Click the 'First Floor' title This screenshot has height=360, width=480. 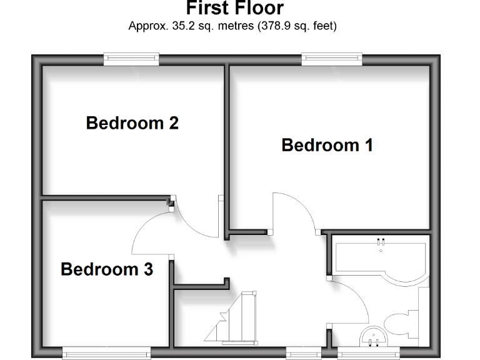234,9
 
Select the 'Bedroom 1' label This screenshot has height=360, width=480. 327,145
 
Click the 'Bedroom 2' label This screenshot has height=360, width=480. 132,122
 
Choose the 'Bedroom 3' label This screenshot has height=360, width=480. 107,269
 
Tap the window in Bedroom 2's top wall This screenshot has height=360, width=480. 131,59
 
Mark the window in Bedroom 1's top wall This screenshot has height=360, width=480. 332,59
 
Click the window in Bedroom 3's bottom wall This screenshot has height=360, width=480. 106,353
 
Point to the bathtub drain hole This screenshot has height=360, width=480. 381,250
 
